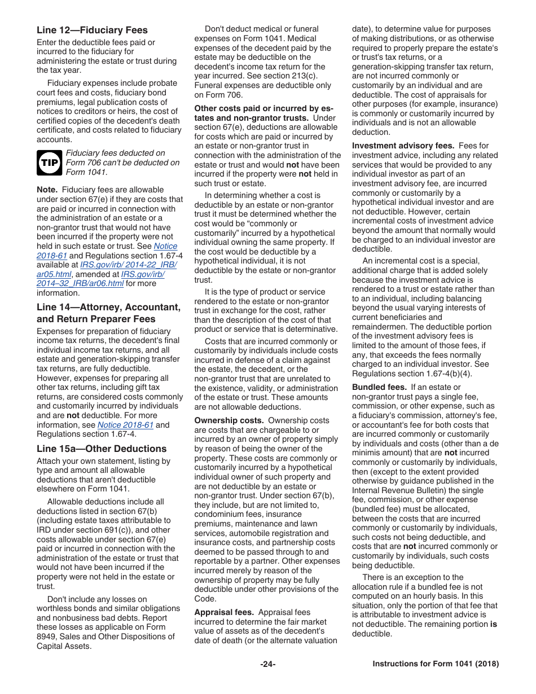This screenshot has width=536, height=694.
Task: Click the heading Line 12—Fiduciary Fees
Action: pos(92,30)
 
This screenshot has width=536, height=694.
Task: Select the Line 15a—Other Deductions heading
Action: pos(102,449)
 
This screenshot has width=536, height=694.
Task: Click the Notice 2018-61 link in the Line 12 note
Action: pos(165,246)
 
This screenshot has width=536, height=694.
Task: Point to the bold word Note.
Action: pos(47,190)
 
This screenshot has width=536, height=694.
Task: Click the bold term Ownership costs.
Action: pos(229,420)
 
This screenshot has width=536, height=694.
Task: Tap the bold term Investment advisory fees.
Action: pos(403,146)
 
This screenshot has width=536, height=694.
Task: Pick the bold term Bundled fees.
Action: pos(379,387)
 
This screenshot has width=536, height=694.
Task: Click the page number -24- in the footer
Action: pos(268,664)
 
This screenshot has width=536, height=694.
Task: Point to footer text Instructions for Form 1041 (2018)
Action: pos(436,664)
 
